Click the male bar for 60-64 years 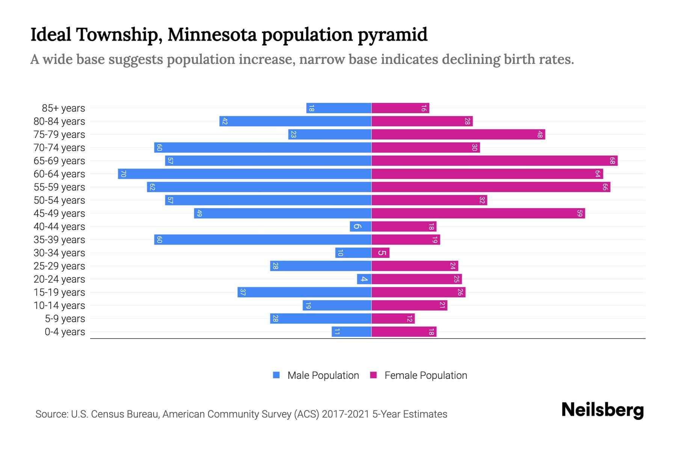tap(244, 174)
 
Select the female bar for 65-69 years tap(494, 161)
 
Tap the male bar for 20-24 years tap(364, 279)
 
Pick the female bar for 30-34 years tap(380, 253)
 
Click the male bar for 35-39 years tap(263, 240)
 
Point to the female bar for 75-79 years tap(458, 135)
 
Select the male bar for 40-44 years tap(361, 227)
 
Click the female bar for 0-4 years tap(404, 332)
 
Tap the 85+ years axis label tap(63, 108)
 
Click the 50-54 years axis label tap(59, 200)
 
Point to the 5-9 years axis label tap(65, 319)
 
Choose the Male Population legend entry tap(323, 375)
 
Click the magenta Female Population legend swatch tap(373, 375)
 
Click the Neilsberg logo tap(602, 410)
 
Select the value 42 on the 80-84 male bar tap(225, 121)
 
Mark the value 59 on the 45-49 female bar tap(579, 213)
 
